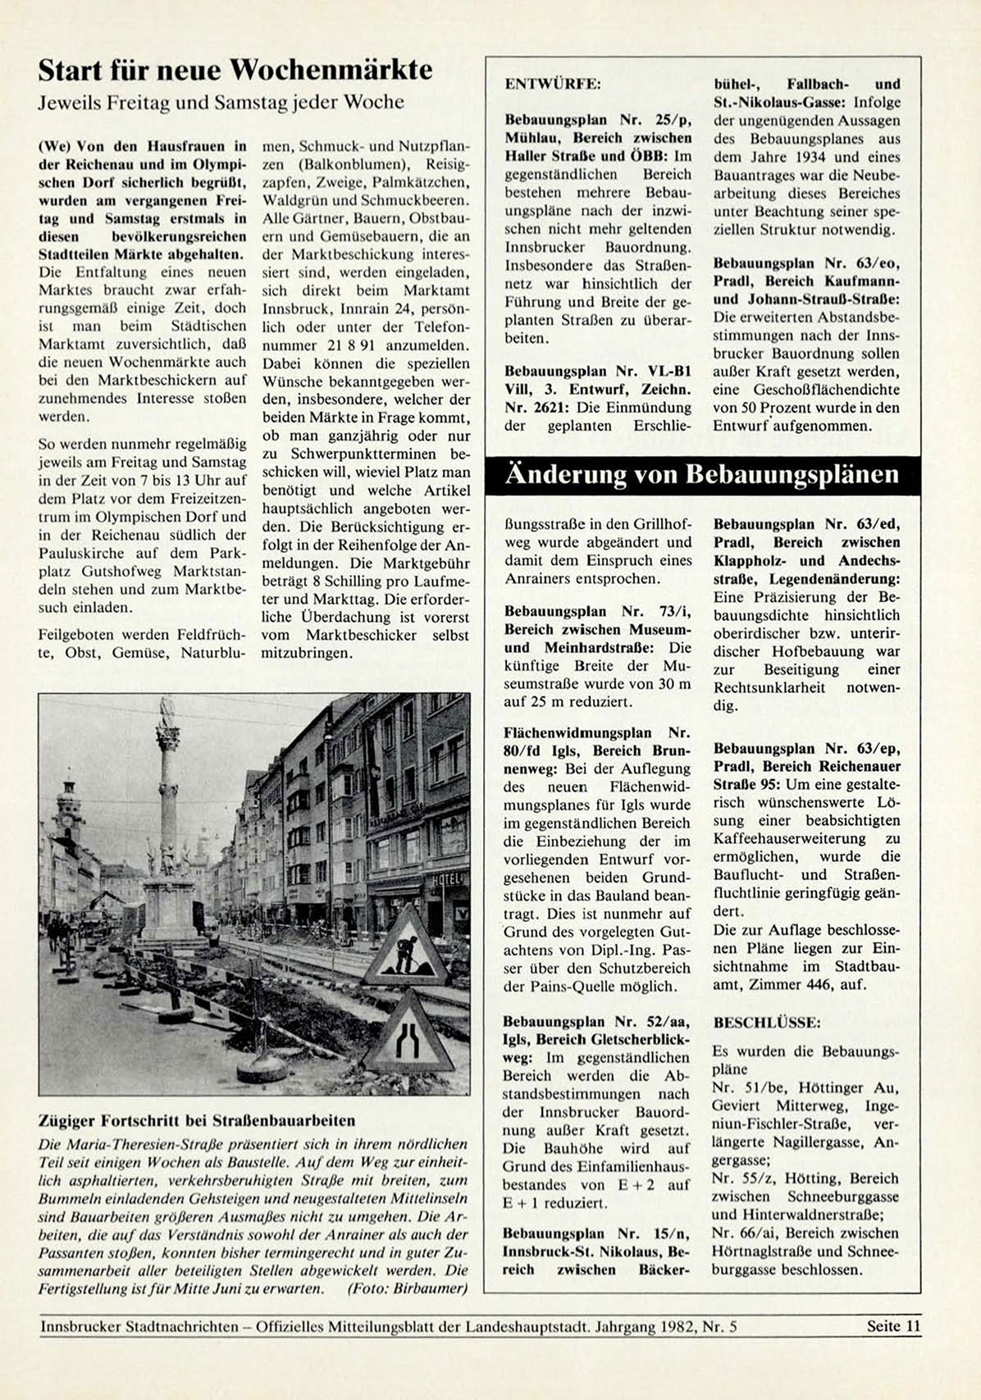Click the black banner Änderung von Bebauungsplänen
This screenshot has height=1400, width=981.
pyautogui.click(x=702, y=475)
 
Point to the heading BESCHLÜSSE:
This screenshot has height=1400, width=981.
pyautogui.click(x=766, y=1023)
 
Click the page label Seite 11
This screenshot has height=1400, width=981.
pyautogui.click(x=893, y=1326)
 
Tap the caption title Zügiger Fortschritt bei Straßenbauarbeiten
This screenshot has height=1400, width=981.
pyautogui.click(x=197, y=1120)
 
